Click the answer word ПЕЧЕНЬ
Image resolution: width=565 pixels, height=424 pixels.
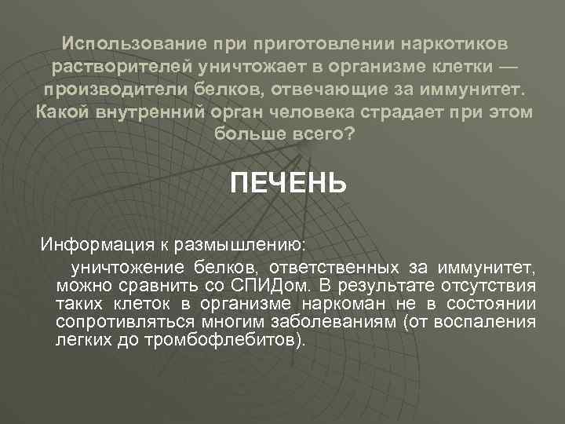point(287,184)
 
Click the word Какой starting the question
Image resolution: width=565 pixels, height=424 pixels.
point(62,111)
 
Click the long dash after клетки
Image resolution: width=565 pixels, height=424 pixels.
point(507,64)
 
